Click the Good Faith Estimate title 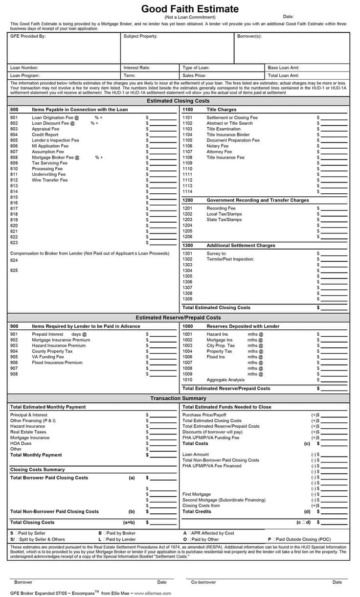point(190,9)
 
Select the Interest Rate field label point(137,68)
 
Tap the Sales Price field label point(194,76)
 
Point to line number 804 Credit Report point(14,135)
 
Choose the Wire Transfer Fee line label point(50,180)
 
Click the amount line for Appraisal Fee point(162,129)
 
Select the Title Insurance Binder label point(228,135)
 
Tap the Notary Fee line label point(217,146)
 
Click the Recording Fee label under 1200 point(221,208)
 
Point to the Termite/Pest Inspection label point(230,259)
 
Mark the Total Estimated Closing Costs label point(216,308)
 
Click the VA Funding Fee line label point(48,357)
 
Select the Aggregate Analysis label point(225,380)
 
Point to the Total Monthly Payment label point(36,455)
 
